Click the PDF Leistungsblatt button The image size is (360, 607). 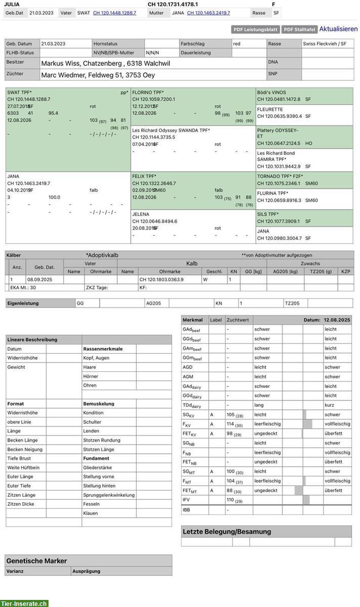[255, 30]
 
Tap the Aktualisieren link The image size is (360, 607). [338, 29]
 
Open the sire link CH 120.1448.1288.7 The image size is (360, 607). [114, 13]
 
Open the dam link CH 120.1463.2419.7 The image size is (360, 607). [208, 13]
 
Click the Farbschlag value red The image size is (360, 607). [237, 44]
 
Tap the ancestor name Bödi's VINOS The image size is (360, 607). [272, 93]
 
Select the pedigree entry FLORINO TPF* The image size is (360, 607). [148, 93]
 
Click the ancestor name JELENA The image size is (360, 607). [141, 214]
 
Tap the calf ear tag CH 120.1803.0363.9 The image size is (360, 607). [161, 279]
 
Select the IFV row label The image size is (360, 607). [187, 500]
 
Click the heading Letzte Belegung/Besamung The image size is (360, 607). [227, 532]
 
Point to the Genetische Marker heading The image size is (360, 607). [36, 561]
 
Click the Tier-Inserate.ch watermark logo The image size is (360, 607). [24, 603]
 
